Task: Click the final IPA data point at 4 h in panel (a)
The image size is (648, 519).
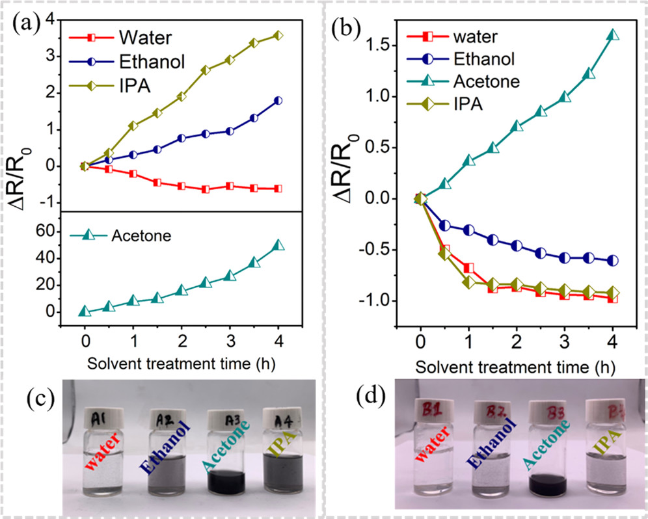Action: pyautogui.click(x=278, y=35)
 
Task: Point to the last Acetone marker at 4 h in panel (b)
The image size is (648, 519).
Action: pyautogui.click(x=612, y=35)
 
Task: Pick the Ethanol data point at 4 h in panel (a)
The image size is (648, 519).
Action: pyautogui.click(x=278, y=101)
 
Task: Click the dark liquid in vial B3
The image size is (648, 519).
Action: pyautogui.click(x=548, y=485)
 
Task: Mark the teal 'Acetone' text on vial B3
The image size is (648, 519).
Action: pyautogui.click(x=548, y=457)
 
